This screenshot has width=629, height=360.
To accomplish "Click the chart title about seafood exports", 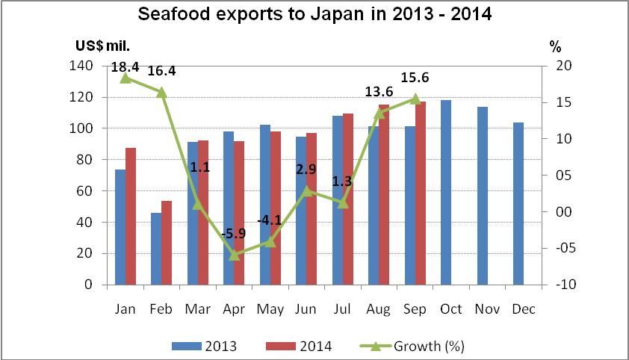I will point(314,14).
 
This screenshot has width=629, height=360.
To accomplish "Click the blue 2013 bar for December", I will point(518,203).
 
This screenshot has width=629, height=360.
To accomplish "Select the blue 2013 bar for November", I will point(483,196).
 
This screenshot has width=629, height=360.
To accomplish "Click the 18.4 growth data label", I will point(126,66).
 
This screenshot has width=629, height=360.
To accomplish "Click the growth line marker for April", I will point(234,255).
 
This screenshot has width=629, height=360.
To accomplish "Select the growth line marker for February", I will point(161,92).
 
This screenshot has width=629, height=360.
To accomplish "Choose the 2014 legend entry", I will point(299,346).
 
